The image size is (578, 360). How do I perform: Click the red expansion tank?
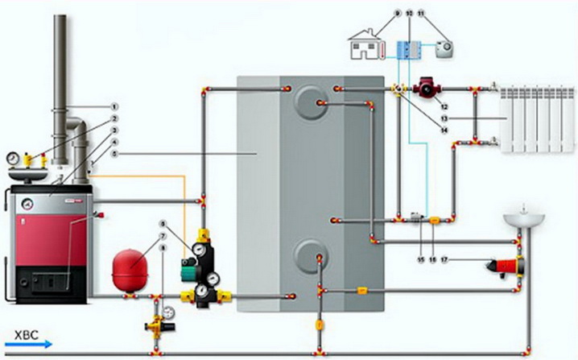(x=129, y=269)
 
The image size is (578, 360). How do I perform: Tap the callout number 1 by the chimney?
(x=114, y=106)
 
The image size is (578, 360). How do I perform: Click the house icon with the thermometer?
(x=367, y=44)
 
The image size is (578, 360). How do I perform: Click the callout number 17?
(x=444, y=260)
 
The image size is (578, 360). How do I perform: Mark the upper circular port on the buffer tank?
(x=308, y=101)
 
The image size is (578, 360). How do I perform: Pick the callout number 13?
(x=443, y=118)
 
